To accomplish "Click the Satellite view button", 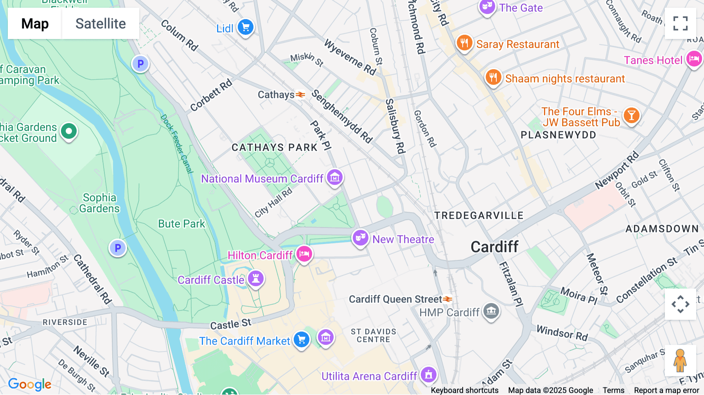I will click(101, 23).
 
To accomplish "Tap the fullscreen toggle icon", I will click(680, 23).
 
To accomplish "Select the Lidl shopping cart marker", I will click(246, 27).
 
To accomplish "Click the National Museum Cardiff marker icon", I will click(335, 178).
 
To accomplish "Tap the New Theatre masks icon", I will click(360, 238).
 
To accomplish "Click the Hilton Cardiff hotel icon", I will click(304, 255).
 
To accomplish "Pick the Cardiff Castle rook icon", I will click(256, 279).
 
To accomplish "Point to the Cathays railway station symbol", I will click(300, 95).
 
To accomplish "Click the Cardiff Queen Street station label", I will click(395, 299).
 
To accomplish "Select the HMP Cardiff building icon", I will click(491, 311).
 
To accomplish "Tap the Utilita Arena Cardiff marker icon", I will click(429, 375).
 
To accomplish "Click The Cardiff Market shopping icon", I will click(302, 340).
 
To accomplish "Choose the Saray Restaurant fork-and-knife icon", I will click(464, 43).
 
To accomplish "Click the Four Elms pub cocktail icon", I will click(631, 116).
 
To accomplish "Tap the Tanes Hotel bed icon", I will click(694, 59).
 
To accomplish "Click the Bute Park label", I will click(181, 224).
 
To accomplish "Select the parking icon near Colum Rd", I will click(140, 64).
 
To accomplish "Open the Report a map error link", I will click(666, 390).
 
